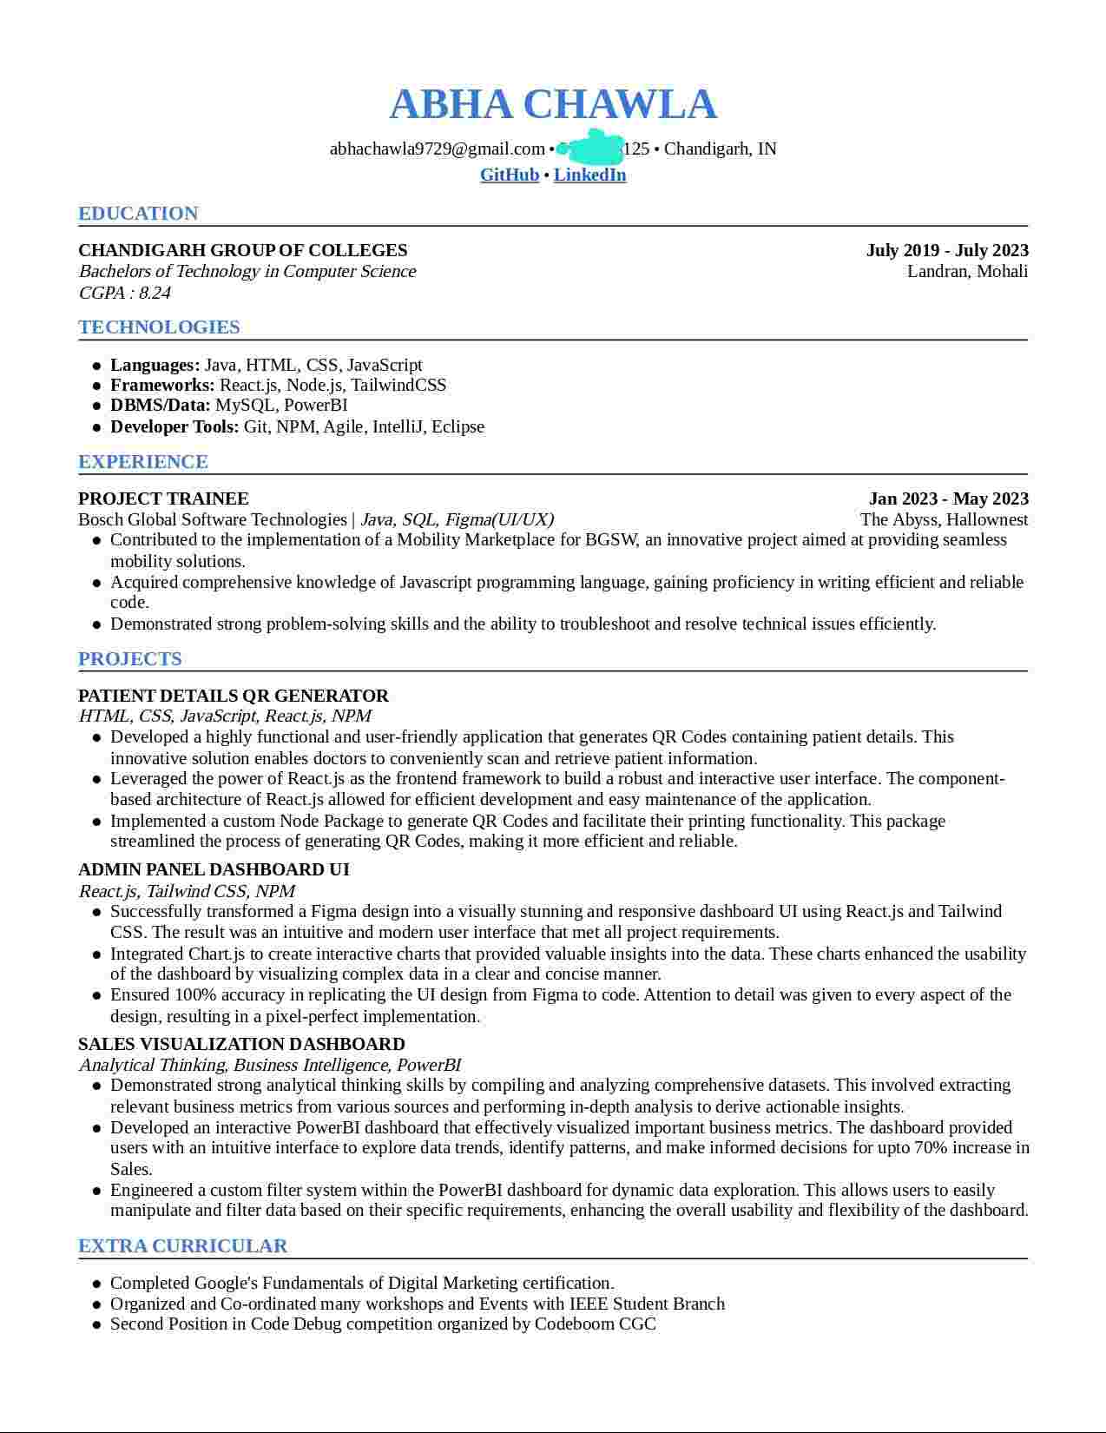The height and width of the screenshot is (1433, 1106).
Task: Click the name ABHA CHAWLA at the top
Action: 553,104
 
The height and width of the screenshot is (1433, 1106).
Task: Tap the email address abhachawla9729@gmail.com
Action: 437,149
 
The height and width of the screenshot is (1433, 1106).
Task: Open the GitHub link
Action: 510,175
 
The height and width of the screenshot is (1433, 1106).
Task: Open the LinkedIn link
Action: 589,175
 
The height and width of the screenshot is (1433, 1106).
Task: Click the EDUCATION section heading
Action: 138,214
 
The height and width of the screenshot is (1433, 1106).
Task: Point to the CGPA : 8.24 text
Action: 124,293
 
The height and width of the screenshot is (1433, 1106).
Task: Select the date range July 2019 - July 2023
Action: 946,251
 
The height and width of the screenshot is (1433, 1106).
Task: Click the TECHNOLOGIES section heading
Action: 159,327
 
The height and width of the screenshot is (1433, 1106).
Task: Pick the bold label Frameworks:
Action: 162,385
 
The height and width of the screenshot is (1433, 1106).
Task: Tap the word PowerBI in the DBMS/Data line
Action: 316,406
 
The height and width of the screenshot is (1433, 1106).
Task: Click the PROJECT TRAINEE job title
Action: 163,499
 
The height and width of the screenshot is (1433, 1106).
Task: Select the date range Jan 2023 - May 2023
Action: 948,499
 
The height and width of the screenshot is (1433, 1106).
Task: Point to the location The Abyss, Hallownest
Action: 944,520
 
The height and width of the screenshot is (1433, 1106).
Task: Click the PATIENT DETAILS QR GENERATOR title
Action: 234,696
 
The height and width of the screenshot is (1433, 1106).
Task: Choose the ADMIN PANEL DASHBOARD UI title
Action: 214,869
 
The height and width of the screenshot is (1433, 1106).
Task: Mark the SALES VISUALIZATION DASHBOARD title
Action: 241,1044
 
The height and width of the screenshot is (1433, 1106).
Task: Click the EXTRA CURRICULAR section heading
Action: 182,1246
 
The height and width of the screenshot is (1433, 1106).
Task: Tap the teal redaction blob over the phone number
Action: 590,148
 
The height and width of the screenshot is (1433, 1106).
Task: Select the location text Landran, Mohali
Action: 967,272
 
